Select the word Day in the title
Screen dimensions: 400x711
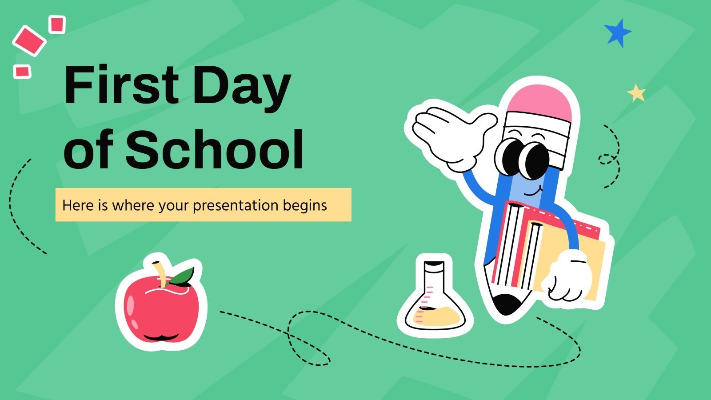(242, 87)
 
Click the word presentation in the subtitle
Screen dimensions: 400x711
(236, 205)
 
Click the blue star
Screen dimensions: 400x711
(618, 33)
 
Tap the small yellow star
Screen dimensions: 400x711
(636, 93)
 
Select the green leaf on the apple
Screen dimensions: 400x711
(182, 277)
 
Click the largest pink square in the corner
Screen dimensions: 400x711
(29, 40)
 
